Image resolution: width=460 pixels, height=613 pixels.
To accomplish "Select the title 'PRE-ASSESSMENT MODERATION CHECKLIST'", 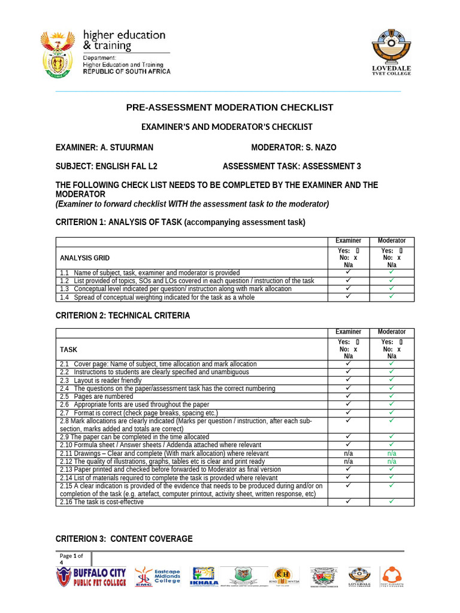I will (x=229, y=108).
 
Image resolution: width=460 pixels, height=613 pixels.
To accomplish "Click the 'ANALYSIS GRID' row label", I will (x=84, y=258).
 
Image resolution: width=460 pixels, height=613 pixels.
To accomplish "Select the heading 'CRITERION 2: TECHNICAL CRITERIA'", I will (x=123, y=315).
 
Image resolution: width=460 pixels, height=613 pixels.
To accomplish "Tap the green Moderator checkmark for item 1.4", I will (x=391, y=296).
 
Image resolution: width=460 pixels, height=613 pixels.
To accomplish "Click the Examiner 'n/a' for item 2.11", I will (x=348, y=454).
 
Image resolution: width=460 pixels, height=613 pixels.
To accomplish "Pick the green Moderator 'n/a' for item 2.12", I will (x=391, y=462).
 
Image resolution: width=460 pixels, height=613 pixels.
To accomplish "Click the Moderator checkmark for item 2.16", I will (x=391, y=502).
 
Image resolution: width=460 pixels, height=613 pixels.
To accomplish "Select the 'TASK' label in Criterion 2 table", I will (x=68, y=348).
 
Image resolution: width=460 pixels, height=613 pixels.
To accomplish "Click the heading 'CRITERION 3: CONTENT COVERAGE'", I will (x=124, y=539).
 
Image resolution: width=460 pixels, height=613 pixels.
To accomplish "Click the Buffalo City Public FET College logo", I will (x=91, y=577).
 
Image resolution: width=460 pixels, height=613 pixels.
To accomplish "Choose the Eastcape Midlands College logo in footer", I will (x=158, y=577).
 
